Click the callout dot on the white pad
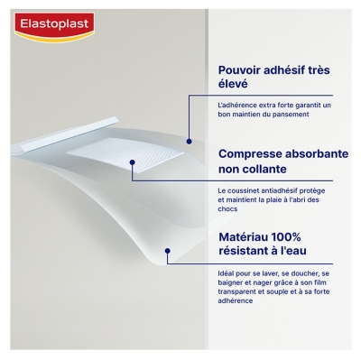coord(133,164)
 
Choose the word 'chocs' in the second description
coord(229,209)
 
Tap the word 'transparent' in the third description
coord(241,291)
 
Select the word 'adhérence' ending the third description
coord(236,300)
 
